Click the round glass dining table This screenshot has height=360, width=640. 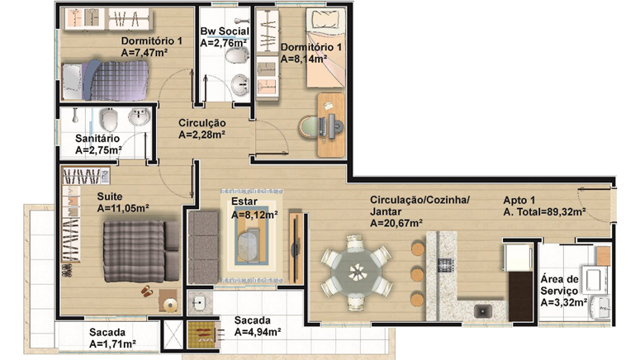point(356,272)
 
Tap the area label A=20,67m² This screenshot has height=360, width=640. point(396,223)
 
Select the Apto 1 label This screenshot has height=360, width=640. point(519,201)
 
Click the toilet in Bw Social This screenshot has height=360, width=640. point(237,55)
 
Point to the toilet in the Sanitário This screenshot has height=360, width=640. point(109,119)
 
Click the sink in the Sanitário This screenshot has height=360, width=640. point(140,116)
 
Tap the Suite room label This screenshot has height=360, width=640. point(109,197)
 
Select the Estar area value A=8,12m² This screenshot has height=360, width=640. point(254,215)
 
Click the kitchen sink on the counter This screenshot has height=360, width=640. point(483,311)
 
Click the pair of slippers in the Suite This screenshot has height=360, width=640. point(146,291)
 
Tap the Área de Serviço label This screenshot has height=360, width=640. point(559,285)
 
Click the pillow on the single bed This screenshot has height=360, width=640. point(325,18)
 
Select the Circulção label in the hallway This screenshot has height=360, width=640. point(202,123)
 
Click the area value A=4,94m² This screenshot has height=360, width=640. point(258,332)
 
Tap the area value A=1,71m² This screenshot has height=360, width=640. point(112,344)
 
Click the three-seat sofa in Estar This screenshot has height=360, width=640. point(203,248)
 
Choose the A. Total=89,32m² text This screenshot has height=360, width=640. point(544,212)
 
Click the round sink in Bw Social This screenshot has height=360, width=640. point(239,85)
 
